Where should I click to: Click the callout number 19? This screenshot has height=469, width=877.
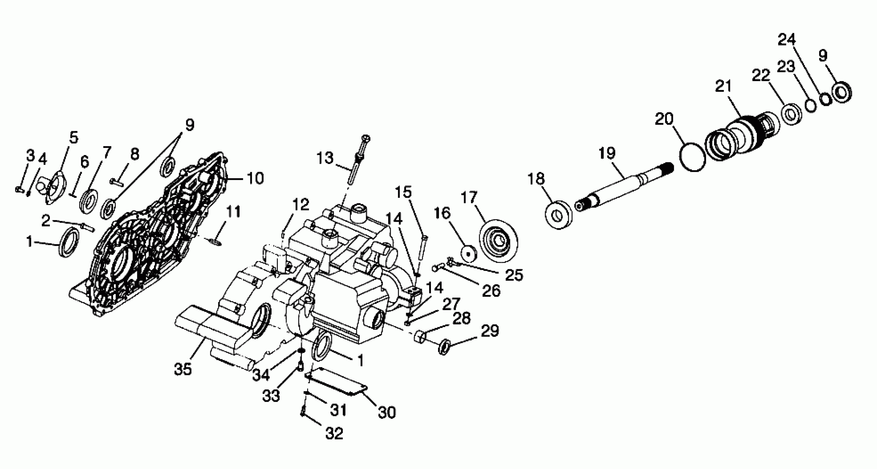(x=607, y=153)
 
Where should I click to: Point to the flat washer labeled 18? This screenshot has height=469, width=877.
(x=559, y=216)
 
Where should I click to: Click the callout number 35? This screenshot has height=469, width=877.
(x=183, y=369)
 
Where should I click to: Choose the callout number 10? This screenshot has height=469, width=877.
(x=256, y=178)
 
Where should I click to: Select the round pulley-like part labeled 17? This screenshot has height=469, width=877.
(x=498, y=242)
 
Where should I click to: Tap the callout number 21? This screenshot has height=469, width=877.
(x=723, y=87)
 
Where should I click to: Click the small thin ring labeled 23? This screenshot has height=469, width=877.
(x=811, y=105)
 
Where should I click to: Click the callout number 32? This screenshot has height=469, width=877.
(x=334, y=434)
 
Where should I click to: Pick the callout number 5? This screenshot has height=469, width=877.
(x=74, y=137)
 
